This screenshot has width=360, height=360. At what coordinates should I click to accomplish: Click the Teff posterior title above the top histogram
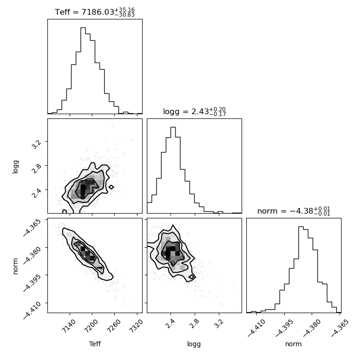tap(95, 12)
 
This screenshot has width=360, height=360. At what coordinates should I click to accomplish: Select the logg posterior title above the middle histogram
tap(195, 112)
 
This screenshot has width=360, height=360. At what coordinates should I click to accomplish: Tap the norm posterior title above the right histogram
tap(294, 211)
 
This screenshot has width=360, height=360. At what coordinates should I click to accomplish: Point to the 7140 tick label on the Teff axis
tap(69, 326)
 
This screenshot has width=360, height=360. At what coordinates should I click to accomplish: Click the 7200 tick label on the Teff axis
tap(91, 326)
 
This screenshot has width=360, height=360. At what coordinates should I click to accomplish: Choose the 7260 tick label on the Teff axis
tap(113, 326)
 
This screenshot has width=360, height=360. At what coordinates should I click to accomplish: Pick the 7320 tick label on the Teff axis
tap(136, 326)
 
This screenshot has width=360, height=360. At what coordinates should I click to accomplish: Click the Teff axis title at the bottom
tap(95, 344)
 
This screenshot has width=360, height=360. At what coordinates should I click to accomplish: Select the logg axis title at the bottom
tap(194, 344)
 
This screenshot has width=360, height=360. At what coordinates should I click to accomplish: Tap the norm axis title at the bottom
tap(293, 344)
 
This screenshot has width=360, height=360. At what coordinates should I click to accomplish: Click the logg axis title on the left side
tap(15, 167)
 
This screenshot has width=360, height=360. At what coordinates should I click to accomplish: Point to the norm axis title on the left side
tap(15, 266)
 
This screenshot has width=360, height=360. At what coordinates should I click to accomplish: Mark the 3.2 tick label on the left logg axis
tap(36, 144)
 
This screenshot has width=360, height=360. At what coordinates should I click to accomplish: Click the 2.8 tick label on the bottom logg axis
tap(193, 324)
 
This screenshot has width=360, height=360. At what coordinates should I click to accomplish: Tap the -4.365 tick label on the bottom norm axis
tap(339, 328)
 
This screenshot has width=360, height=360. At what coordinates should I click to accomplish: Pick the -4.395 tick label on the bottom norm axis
tap(284, 328)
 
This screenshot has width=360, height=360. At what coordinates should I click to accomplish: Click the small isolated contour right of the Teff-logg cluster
tap(111, 187)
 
